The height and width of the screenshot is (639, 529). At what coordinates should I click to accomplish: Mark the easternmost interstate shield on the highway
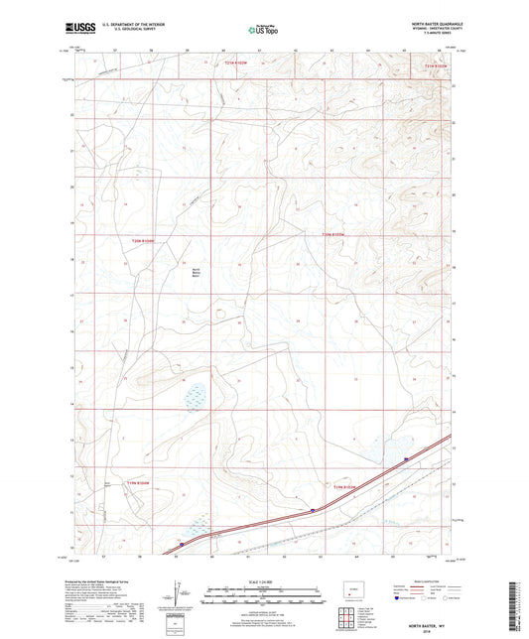point(407,458)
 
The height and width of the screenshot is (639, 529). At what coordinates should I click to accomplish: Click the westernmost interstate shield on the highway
point(182,543)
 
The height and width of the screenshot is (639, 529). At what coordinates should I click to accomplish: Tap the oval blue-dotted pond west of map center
point(196,395)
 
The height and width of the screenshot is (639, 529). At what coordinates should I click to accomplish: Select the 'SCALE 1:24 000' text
point(264,581)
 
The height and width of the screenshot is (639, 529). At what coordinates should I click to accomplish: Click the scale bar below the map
point(264,594)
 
